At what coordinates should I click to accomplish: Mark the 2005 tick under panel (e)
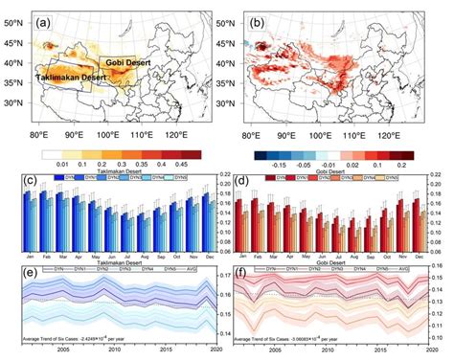tap(62, 350)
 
